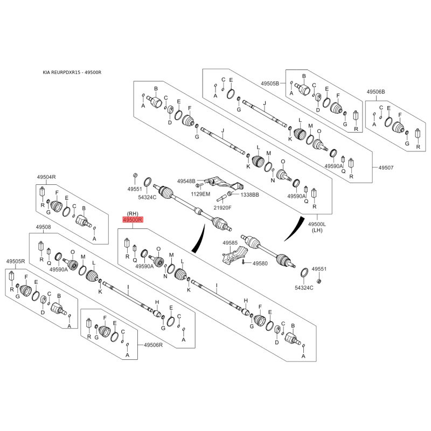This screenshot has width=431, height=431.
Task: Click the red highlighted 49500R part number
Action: (x=133, y=220)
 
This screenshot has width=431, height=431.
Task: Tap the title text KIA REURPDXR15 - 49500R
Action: (x=72, y=73)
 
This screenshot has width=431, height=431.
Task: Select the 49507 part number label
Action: (x=386, y=168)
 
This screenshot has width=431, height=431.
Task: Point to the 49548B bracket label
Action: (x=186, y=181)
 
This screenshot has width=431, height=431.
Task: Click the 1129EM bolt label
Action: (x=200, y=194)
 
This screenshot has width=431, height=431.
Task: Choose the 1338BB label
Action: (x=249, y=194)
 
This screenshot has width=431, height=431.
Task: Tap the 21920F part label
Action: (x=223, y=207)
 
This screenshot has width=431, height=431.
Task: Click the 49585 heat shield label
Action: (x=230, y=243)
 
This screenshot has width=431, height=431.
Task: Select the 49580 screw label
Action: (x=260, y=263)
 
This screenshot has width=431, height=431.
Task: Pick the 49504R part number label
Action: (x=46, y=177)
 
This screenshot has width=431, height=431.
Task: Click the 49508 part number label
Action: (x=44, y=227)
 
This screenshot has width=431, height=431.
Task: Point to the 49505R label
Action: (x=16, y=261)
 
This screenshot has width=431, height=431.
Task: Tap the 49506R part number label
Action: (x=153, y=345)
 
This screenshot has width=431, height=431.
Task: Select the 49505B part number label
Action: (x=270, y=84)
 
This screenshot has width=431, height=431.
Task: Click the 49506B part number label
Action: (x=376, y=92)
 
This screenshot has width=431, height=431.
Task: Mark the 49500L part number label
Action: (x=317, y=224)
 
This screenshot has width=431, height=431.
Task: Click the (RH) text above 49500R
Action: (x=133, y=213)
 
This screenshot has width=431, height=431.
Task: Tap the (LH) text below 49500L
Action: (x=317, y=231)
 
